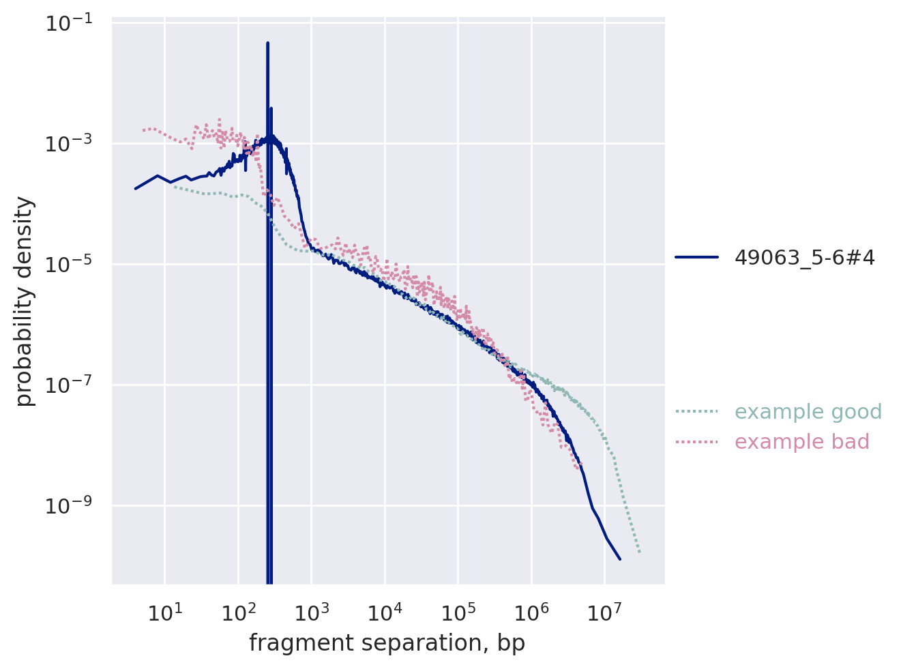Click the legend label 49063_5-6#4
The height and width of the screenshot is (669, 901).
pos(804,257)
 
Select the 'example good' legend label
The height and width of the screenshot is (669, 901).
pos(808,412)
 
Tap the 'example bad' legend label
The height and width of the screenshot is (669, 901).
pos(801,442)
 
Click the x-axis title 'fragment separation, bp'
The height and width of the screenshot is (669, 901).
pos(387,643)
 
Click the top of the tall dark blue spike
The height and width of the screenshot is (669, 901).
pos(267,43)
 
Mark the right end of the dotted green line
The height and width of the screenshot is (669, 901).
pos(640,552)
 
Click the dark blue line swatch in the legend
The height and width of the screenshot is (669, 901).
pos(696,257)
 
